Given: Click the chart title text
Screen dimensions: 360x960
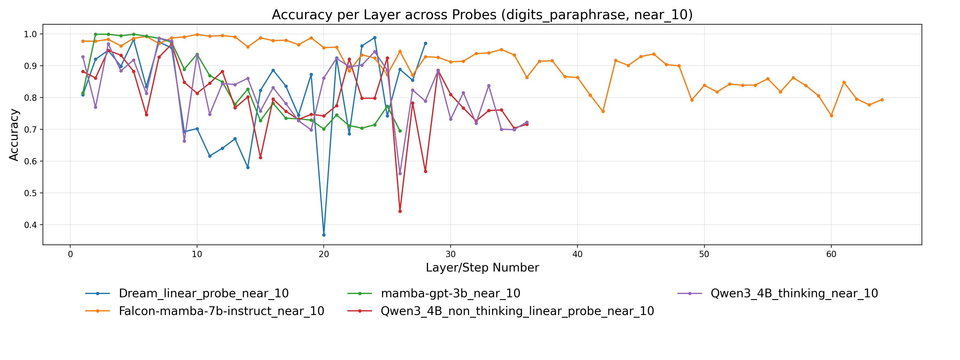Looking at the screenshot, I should point(482,15).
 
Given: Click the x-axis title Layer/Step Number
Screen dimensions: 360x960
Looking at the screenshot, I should point(482,268).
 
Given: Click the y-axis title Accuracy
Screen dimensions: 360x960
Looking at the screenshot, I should point(14,135).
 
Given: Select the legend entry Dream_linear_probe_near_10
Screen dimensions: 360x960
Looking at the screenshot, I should point(203,293).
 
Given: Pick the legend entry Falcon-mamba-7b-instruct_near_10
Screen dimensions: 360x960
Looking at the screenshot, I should point(221,311).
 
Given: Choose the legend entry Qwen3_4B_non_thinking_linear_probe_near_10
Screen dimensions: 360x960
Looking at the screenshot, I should point(517,311).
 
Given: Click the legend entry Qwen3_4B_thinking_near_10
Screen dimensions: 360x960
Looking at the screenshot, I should point(794,293).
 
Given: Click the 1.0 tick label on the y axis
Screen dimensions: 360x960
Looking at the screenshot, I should point(31,34).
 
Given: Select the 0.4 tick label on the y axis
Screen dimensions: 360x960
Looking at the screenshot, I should point(31,225).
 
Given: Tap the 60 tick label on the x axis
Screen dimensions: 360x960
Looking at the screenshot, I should point(831,254).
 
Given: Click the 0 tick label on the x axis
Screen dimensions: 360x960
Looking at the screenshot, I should point(70,254).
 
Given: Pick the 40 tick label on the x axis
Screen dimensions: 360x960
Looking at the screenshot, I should point(577,254).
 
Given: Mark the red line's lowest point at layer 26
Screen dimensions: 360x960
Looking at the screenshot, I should point(400,211).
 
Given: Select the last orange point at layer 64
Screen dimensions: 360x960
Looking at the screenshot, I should point(882,100).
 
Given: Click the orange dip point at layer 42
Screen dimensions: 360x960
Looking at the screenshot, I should point(603,111).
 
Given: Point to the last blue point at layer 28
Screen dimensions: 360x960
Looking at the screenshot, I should point(425,43).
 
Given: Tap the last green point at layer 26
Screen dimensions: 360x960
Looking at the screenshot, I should point(400,131).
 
